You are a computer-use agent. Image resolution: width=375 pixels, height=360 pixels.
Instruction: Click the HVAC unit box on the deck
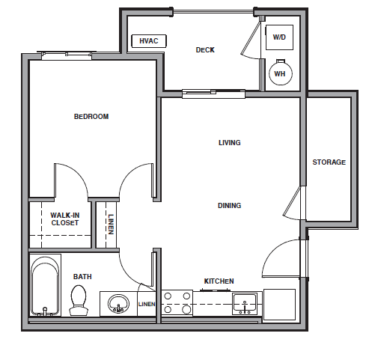(148, 41)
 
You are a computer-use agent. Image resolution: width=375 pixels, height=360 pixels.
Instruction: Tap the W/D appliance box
(279, 37)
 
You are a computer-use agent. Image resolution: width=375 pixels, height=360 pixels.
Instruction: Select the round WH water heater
(279, 73)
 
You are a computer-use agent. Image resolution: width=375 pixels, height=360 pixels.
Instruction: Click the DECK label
(205, 50)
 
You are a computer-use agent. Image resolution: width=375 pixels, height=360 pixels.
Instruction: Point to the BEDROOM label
(91, 117)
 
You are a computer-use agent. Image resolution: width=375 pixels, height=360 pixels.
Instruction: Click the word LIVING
(230, 143)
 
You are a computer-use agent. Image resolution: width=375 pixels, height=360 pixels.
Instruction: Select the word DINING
(229, 206)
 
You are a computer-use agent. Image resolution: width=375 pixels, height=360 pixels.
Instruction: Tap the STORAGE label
(329, 162)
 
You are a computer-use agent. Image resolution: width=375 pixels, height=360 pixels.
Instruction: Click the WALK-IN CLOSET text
(65, 219)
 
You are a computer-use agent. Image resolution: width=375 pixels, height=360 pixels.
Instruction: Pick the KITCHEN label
(219, 281)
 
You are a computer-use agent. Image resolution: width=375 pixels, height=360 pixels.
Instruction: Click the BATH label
(82, 277)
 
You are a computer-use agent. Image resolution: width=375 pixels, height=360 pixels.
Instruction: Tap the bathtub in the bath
(46, 287)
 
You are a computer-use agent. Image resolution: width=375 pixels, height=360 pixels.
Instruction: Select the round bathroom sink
(118, 304)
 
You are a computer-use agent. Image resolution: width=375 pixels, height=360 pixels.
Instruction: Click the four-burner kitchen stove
(177, 302)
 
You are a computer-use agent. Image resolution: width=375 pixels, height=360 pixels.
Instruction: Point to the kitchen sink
(245, 303)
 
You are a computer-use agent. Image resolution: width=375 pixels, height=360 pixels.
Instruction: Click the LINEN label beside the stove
(147, 304)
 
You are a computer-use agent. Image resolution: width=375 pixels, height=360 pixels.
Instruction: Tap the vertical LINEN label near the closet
(111, 225)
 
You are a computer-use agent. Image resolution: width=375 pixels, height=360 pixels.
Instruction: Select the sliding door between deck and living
(214, 93)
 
